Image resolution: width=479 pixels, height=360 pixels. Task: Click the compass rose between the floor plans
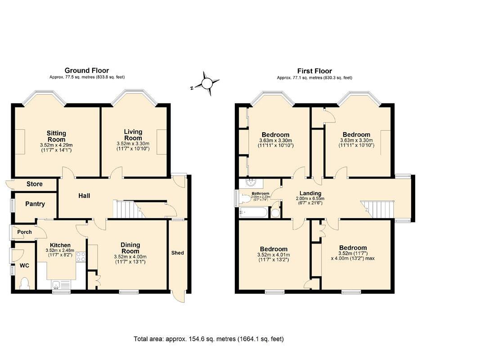[206, 83]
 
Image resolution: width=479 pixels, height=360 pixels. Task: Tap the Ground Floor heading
[87, 71]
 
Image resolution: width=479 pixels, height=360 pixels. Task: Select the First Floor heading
[314, 71]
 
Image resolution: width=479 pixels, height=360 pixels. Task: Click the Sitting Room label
[57, 136]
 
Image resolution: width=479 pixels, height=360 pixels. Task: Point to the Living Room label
[133, 135]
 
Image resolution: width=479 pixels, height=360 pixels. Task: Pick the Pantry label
[35, 204]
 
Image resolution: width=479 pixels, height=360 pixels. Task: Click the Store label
[35, 184]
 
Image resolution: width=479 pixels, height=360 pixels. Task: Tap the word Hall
[84, 196]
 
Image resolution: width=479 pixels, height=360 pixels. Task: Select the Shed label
[178, 253]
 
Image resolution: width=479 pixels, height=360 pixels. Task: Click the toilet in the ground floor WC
[25, 283]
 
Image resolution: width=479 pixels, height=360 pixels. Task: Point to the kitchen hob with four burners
[81, 256]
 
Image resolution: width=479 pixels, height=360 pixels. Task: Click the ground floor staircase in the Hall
[128, 210]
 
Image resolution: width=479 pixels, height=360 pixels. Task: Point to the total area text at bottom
[209, 339]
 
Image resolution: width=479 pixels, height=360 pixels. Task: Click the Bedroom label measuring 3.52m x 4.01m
[273, 249]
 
